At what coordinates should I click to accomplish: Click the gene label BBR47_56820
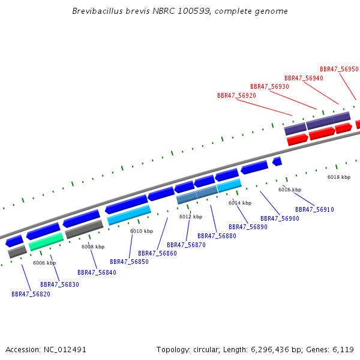pyautogui.click(x=31, y=294)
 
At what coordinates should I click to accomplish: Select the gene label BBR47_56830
pyautogui.click(x=59, y=284)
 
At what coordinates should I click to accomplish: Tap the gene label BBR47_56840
pyautogui.click(x=97, y=272)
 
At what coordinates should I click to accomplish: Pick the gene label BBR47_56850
pyautogui.click(x=129, y=262)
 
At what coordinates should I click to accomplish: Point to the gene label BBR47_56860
pyautogui.click(x=157, y=253)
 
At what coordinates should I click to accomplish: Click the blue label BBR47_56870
pyautogui.click(x=186, y=245)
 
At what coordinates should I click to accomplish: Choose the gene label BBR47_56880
pyautogui.click(x=217, y=236)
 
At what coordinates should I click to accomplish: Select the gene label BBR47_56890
pyautogui.click(x=248, y=227)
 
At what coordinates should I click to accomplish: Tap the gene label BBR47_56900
pyautogui.click(x=280, y=218)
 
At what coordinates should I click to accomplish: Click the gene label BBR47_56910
pyautogui.click(x=314, y=209)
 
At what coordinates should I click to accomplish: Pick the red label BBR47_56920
pyautogui.click(x=236, y=95)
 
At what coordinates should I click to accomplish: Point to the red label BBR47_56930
pyautogui.click(x=269, y=86)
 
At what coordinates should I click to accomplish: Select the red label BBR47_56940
pyautogui.click(x=304, y=78)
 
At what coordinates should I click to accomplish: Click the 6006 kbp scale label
pyautogui.click(x=44, y=263)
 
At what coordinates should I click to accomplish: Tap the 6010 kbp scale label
pyautogui.click(x=142, y=231)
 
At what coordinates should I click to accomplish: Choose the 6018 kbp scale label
pyautogui.click(x=339, y=177)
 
